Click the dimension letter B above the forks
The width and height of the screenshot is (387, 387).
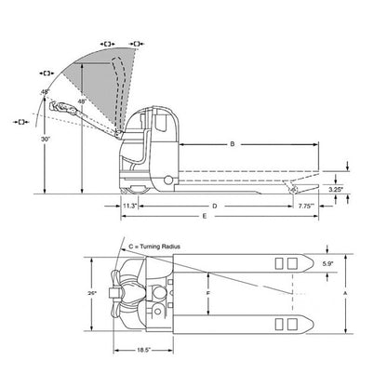[233, 144]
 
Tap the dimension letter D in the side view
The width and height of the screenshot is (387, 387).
[214, 206]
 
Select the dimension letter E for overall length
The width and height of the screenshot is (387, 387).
[205, 216]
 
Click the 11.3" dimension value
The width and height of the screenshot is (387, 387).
[129, 206]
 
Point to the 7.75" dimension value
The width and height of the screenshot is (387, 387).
[306, 206]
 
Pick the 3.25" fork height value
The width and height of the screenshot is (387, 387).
[336, 189]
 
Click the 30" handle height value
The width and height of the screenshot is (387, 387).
[46, 140]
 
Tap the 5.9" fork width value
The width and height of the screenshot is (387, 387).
[327, 264]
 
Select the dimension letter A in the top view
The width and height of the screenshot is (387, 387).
[345, 293]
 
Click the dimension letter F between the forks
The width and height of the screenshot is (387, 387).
[208, 293]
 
